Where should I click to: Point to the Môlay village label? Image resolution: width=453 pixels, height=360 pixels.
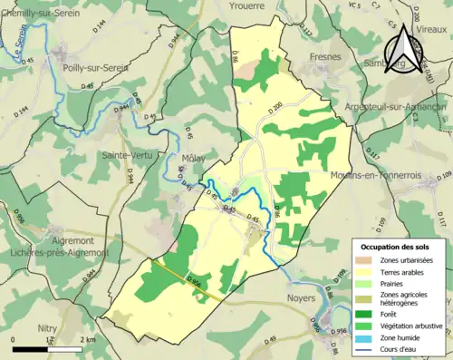coord(192,156)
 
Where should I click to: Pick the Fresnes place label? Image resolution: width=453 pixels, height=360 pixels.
coord(324,57)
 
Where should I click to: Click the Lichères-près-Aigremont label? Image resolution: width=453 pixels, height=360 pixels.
coord(56,251)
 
